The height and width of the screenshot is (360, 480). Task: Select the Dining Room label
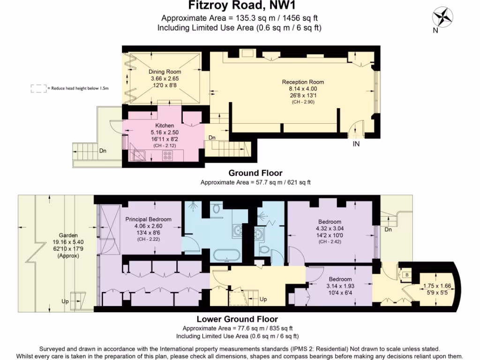[x=165, y=72]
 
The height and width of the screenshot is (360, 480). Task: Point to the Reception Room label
[x=303, y=82]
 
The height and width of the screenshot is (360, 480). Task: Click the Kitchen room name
[x=165, y=126]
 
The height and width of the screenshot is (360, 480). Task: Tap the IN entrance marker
[x=356, y=144]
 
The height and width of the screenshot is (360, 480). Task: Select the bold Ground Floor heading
[x=255, y=173]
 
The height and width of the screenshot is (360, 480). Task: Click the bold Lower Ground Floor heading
[x=240, y=319]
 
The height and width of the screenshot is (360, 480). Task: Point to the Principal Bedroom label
[x=148, y=219]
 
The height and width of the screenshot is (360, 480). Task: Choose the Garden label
[x=68, y=235]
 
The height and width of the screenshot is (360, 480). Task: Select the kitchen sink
[x=138, y=154]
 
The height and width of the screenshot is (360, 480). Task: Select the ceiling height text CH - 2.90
[x=303, y=102]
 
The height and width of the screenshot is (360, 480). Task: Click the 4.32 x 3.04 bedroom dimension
[x=330, y=228]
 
